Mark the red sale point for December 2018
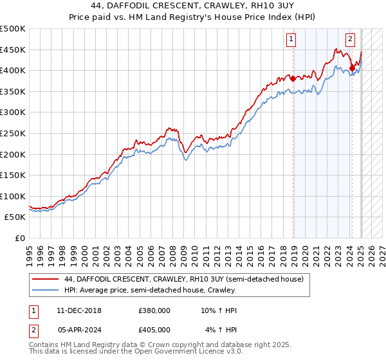[x=293, y=79]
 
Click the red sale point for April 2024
[x=352, y=68]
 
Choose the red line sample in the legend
[x=46, y=279]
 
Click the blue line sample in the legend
[x=46, y=290]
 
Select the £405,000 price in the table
[x=154, y=330]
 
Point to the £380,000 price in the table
[x=154, y=310]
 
